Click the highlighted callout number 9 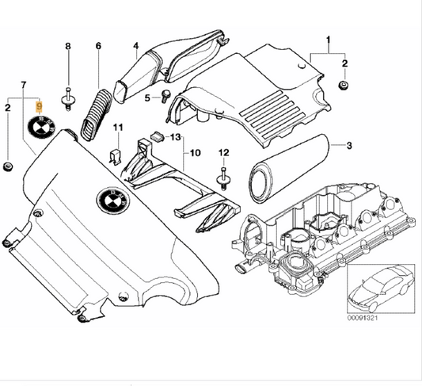click(40, 107)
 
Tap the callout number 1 click(329, 40)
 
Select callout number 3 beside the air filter click(349, 146)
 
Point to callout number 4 click(136, 46)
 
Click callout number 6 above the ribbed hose click(98, 46)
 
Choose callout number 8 click(68, 46)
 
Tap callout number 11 click(118, 127)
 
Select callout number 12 click(224, 153)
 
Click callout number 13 click(176, 137)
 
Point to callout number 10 click(196, 153)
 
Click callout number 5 click(147, 98)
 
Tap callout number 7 click(24, 85)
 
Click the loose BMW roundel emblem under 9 click(41, 126)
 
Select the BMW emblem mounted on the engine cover click(112, 199)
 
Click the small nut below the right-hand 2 click(343, 86)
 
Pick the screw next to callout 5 click(166, 96)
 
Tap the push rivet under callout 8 click(68, 99)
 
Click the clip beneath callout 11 click(116, 157)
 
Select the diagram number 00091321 click(363, 318)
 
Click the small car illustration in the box click(381, 289)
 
